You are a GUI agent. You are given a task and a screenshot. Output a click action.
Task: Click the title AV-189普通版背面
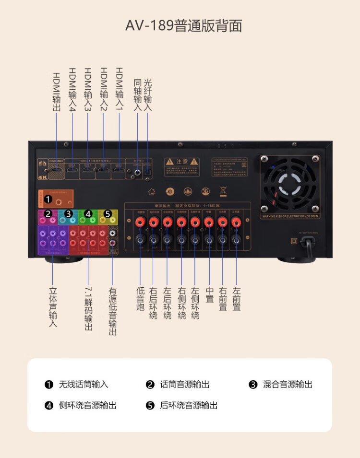[x=183, y=25]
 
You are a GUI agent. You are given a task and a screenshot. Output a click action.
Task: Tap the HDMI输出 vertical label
[x=56, y=92]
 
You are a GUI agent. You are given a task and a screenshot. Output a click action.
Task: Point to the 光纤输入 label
[x=147, y=95]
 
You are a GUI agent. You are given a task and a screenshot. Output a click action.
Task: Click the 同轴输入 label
[x=138, y=95]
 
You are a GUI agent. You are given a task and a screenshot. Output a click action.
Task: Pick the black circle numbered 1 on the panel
[x=48, y=198]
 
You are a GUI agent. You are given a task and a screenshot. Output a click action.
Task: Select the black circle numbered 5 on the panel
[x=108, y=213]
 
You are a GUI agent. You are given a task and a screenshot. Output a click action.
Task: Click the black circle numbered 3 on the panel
[x=69, y=213]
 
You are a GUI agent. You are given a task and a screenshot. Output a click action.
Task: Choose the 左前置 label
[x=236, y=299]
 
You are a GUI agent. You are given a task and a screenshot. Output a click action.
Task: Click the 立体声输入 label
[x=53, y=307]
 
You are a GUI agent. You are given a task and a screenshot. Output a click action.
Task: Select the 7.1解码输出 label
[x=88, y=309]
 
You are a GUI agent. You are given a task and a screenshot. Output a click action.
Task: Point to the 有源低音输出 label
[x=112, y=311]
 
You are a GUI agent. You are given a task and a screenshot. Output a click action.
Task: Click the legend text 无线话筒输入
[x=84, y=385]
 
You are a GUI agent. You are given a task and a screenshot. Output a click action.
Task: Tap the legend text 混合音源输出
[x=288, y=385]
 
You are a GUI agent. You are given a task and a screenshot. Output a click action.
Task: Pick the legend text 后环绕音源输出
[x=189, y=406]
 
